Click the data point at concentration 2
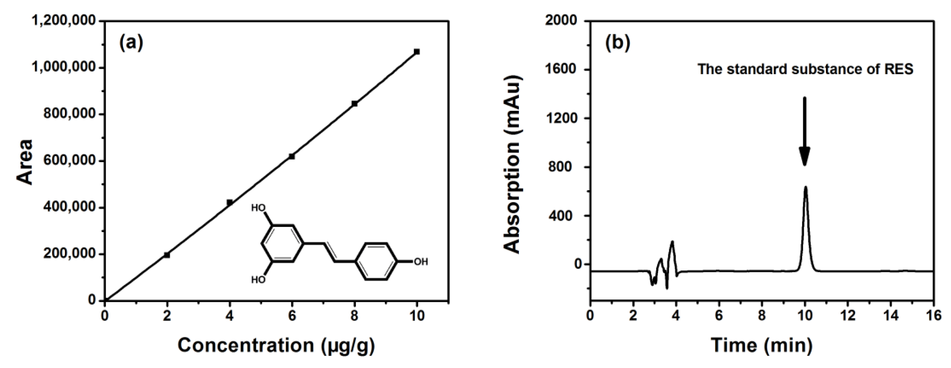[167, 255]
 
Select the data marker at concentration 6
[292, 156]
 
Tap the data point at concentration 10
[417, 52]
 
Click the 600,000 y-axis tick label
[70, 161]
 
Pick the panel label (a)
[131, 43]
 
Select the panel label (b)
[617, 43]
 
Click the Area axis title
[25, 162]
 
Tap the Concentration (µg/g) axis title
[276, 345]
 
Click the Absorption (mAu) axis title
[513, 165]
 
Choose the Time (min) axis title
[761, 345]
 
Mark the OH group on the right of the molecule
[421, 262]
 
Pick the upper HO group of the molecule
[258, 208]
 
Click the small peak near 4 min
[672, 242]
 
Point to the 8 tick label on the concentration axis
[354, 315]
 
